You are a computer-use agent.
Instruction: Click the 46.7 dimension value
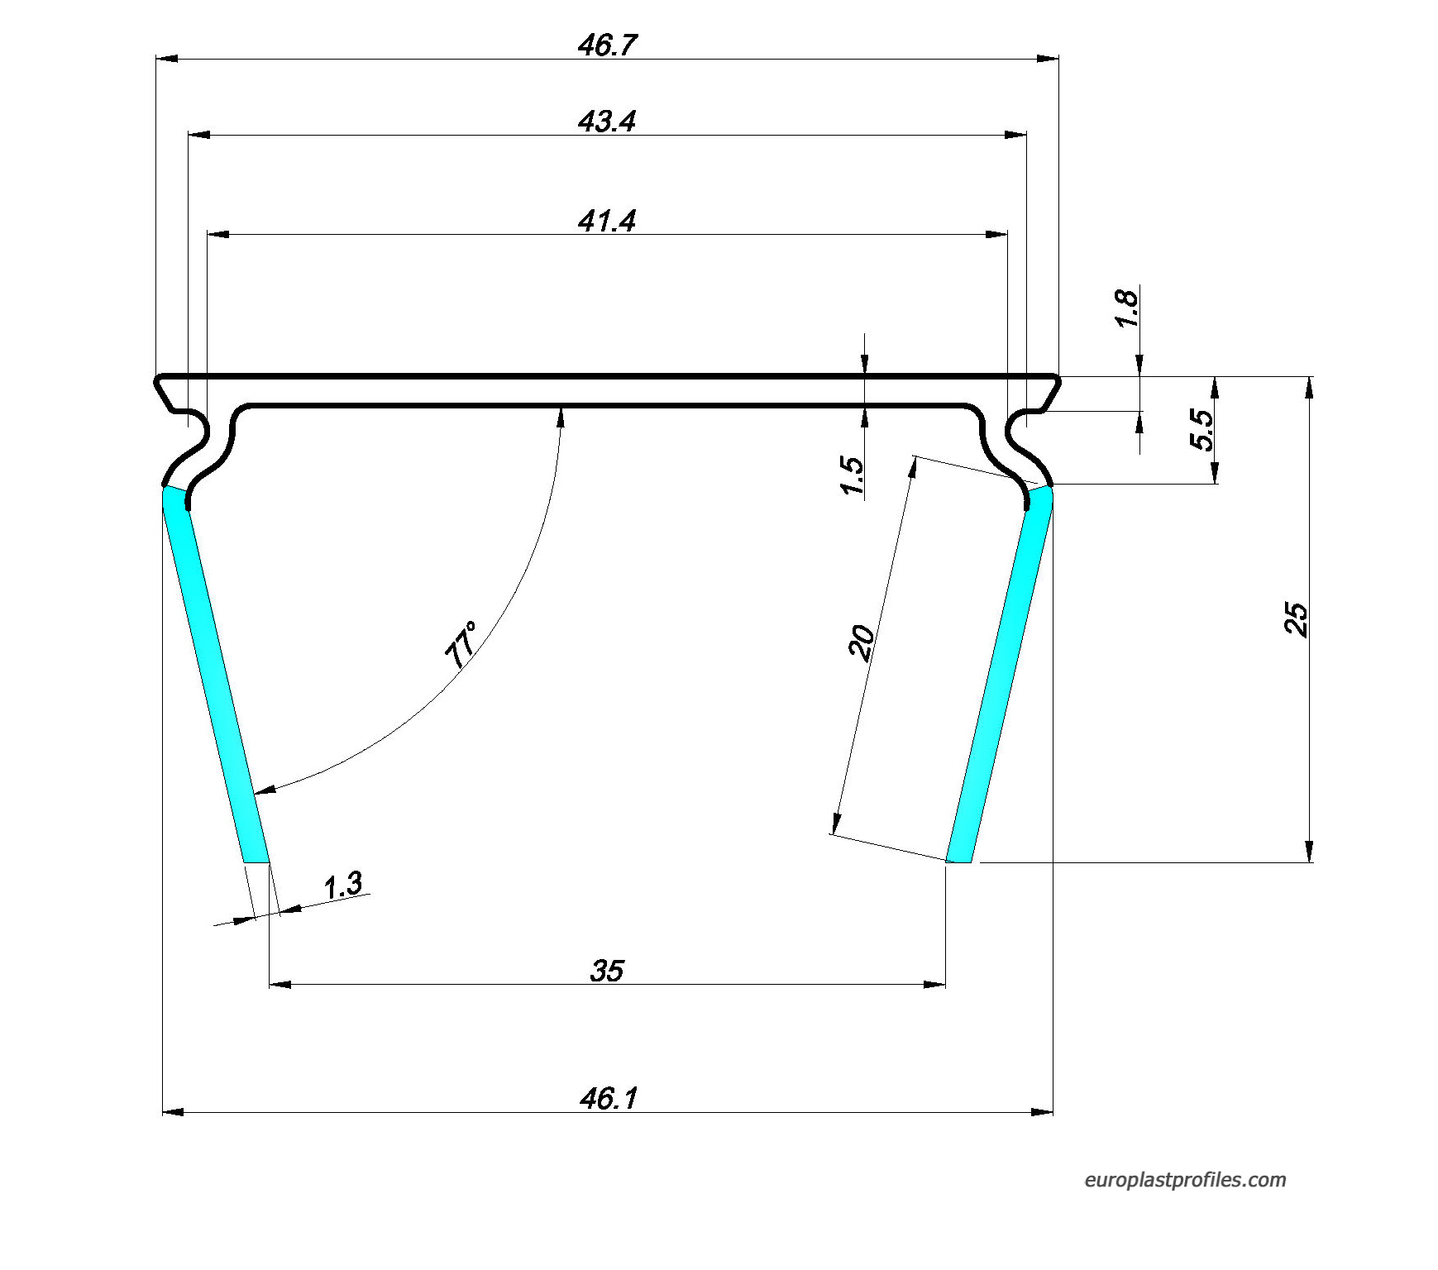coord(607,45)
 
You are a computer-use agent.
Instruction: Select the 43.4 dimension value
coord(607,122)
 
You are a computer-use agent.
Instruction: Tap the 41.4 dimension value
coord(607,221)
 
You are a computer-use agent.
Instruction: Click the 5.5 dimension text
coord(1202,430)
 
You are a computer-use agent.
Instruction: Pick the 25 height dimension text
coord(1296,620)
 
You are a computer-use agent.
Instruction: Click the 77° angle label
coord(461,645)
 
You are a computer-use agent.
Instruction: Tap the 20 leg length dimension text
coord(862,643)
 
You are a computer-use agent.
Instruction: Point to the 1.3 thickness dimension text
coord(343,886)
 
